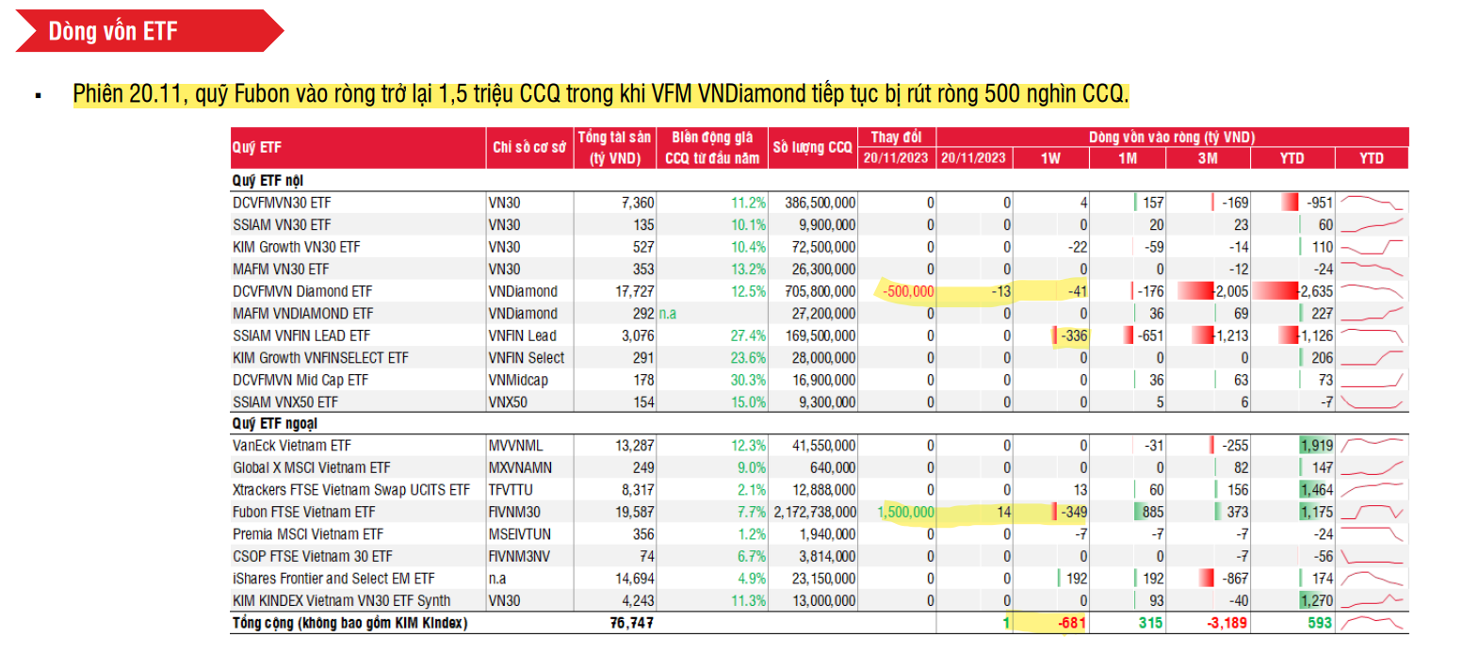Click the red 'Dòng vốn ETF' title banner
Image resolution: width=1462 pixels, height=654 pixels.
point(141,30)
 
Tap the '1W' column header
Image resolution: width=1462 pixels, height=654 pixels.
point(1050,158)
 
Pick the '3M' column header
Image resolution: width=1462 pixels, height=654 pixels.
point(1207,158)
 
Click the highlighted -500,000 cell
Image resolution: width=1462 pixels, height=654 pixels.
point(906,291)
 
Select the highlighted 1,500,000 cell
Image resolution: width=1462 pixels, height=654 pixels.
point(905,513)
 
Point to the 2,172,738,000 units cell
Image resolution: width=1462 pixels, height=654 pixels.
point(813,513)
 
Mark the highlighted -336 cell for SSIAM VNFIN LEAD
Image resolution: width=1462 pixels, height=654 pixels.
point(1073,335)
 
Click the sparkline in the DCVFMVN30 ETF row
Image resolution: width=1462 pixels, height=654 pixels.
point(1372,203)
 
